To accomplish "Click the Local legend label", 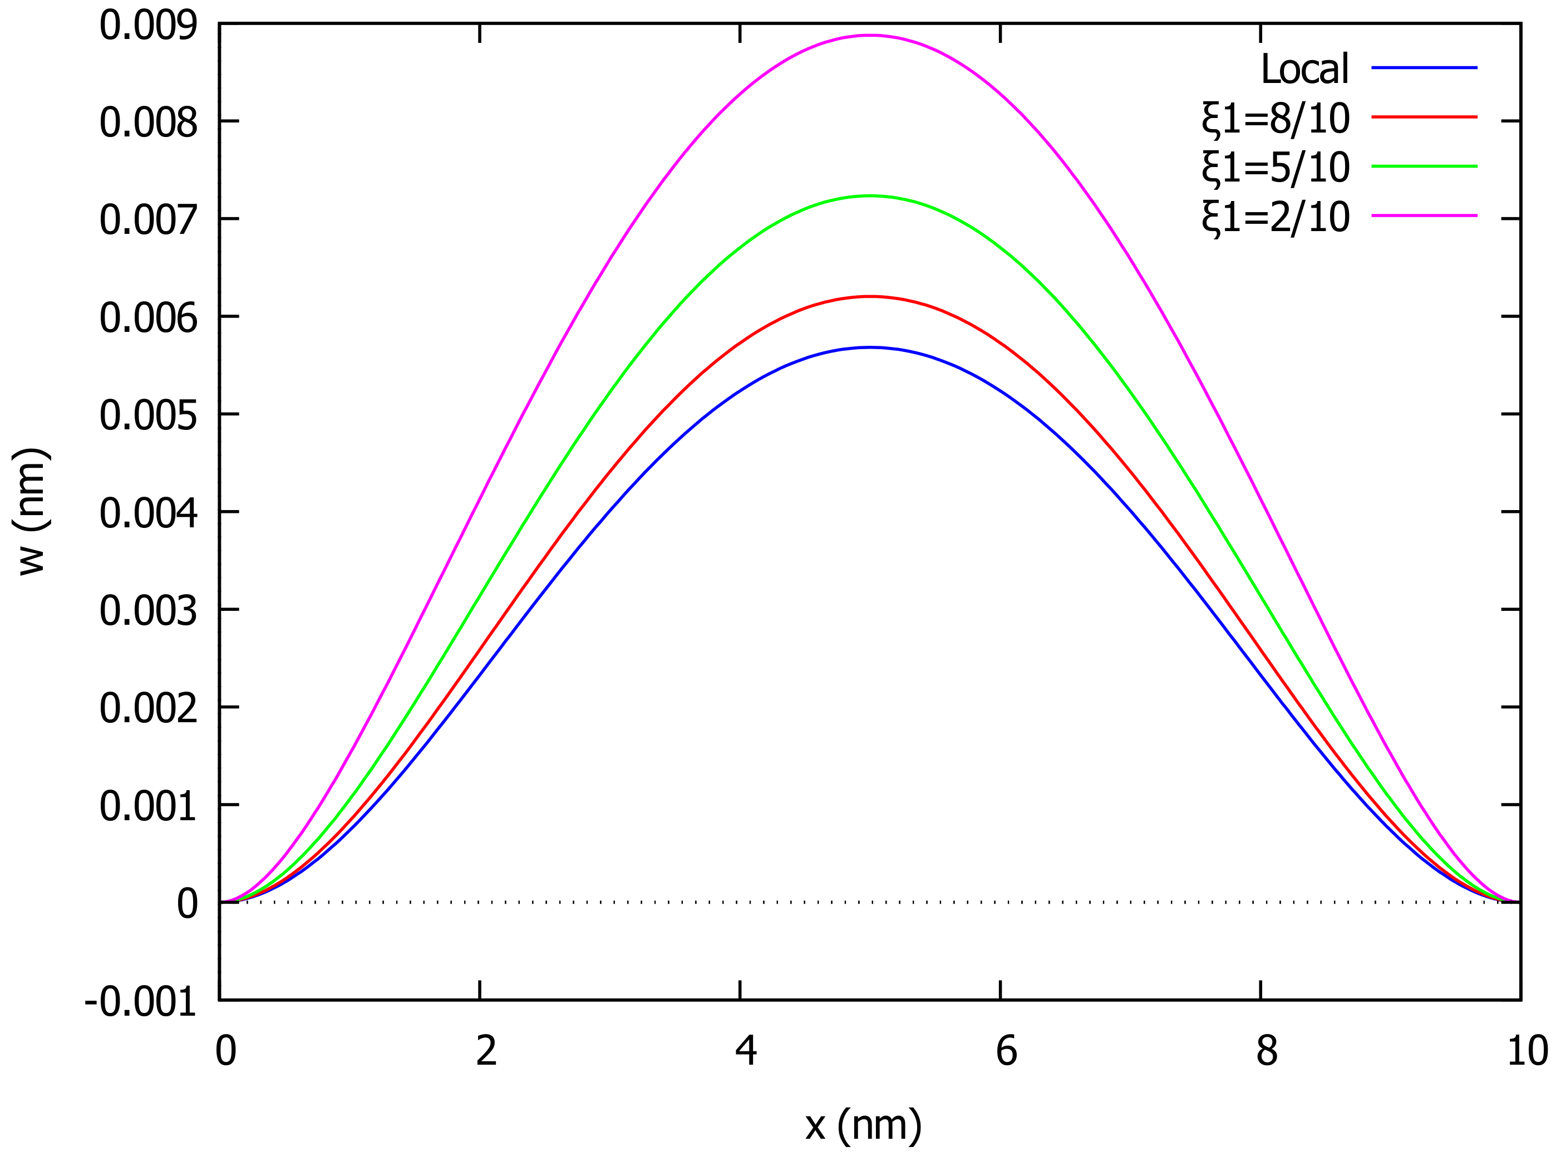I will [x=1304, y=68].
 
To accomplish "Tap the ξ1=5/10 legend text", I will [x=1276, y=168].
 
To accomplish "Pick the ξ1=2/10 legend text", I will [x=1276, y=218].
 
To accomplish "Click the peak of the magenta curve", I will [x=869, y=35].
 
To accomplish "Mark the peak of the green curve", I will [x=869, y=196].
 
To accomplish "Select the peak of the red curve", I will [x=869, y=296].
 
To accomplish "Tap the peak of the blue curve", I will [x=869, y=347].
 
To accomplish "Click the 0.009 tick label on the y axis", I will [x=148, y=27].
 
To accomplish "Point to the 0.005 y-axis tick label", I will [x=148, y=415].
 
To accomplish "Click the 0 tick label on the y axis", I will [x=188, y=904].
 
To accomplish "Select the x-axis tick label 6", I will [x=1006, y=1052].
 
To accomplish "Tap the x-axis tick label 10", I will [x=1527, y=1052].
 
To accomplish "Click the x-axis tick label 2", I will [x=486, y=1052].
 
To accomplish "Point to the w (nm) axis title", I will [x=32, y=512].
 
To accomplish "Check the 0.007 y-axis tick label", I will [x=148, y=221].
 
